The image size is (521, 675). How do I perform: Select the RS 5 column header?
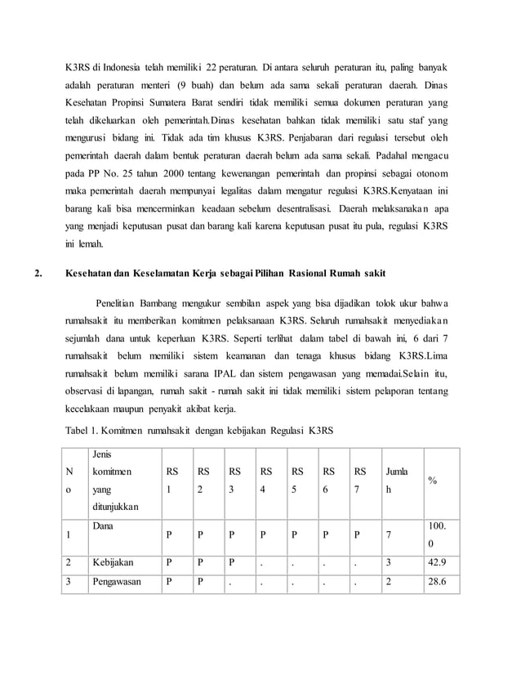[x=298, y=480]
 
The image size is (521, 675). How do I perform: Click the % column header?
[x=432, y=481]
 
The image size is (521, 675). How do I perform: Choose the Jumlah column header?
[x=396, y=480]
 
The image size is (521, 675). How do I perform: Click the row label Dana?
[x=102, y=527]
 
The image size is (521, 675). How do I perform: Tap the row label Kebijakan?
[x=114, y=562]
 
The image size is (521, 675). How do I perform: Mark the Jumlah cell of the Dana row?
[x=389, y=534]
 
